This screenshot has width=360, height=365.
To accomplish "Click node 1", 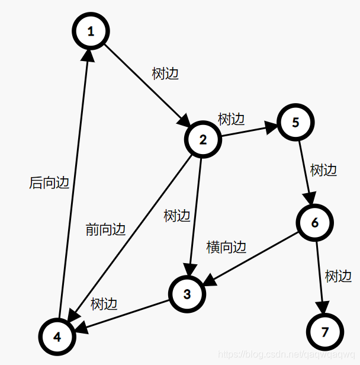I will (x=91, y=31).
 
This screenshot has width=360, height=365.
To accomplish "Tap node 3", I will (x=187, y=294).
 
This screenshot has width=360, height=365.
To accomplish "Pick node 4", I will (x=57, y=336).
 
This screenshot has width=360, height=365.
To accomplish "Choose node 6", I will (x=314, y=223).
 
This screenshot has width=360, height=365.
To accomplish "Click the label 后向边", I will (x=49, y=183).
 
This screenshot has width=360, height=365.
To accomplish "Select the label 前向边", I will (x=106, y=229).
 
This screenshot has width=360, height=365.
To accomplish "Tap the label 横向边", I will (x=226, y=247).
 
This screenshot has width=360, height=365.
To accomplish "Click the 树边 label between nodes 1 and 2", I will (x=165, y=74).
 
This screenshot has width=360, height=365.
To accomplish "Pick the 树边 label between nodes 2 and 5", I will (x=231, y=119).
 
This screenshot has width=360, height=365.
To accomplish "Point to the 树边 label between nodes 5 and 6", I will (x=324, y=171).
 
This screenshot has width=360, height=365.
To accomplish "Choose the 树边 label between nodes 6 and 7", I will (x=338, y=276).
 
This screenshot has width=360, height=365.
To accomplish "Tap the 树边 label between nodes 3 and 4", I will (x=104, y=304).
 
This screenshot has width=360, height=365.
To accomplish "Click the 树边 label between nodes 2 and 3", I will (x=177, y=216).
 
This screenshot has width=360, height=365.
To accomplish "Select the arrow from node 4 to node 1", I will (x=73, y=184).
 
